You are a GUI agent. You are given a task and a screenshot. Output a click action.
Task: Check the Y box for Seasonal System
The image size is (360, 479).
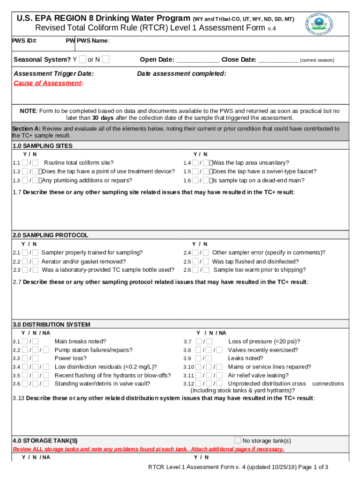click(x=82, y=59)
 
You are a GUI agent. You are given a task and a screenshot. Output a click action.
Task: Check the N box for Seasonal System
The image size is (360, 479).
click(x=106, y=59)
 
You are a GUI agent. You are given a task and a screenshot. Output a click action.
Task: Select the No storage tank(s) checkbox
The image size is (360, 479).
click(x=238, y=440)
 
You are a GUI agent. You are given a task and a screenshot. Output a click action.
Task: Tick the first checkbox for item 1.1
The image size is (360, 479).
click(x=24, y=163)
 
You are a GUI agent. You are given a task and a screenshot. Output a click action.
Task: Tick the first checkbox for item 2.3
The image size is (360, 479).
click(x=24, y=270)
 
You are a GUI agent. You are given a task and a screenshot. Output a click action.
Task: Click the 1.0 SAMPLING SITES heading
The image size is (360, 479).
click(x=43, y=146)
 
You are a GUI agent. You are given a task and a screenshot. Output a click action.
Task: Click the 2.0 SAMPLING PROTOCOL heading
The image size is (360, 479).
click(x=50, y=235)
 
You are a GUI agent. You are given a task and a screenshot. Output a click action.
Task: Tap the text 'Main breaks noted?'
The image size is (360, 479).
click(x=80, y=341)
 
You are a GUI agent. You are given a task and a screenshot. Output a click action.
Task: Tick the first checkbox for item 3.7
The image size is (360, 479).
click(x=199, y=341)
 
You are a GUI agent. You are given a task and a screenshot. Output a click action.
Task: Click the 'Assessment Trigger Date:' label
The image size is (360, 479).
click(x=54, y=74)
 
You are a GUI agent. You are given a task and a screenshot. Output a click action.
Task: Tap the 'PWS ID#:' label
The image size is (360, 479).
click(x=25, y=41)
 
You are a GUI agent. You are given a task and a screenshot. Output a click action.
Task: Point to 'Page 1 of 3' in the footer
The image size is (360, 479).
click(x=311, y=467)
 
